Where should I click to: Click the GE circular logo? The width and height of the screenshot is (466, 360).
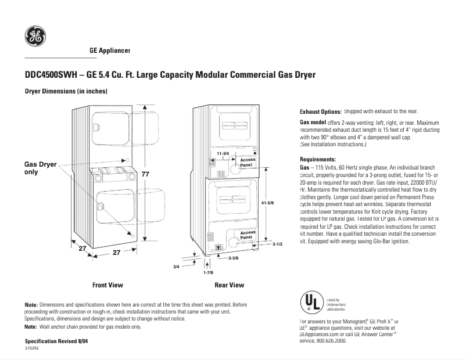35,37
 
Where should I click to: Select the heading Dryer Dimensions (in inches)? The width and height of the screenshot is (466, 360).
66,92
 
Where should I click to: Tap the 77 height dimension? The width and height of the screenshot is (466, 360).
145,174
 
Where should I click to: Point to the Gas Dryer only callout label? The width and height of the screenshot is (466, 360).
40,168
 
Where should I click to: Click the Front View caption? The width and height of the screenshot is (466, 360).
107,285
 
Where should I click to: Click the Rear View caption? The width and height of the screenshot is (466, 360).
229,285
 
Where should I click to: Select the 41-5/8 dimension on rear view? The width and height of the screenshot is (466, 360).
268,202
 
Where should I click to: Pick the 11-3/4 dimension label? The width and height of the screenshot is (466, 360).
223,153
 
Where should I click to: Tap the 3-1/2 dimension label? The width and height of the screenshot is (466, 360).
277,244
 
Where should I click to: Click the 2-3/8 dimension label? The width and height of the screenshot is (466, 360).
234,257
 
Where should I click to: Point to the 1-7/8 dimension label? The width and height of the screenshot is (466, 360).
208,272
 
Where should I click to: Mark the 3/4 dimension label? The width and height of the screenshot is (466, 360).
177,266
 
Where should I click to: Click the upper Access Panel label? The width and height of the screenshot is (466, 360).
248,162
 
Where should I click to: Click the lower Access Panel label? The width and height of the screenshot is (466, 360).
248,235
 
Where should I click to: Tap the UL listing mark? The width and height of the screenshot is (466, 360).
310,303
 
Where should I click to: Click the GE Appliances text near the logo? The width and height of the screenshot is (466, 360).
110,51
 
